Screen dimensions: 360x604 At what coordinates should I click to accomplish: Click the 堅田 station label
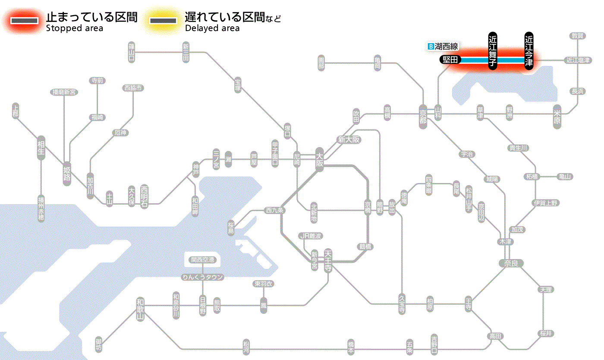click(450, 60)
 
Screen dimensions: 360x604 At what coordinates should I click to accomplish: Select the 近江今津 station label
click(529, 50)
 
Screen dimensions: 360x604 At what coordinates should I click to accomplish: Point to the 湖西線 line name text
click(446, 46)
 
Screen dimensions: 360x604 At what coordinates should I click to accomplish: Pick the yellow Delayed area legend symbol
click(163, 21)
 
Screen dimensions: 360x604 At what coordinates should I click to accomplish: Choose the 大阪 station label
click(319, 160)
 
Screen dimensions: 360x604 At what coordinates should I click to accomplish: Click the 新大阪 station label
click(349, 139)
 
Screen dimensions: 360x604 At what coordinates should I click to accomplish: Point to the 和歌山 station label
click(140, 309)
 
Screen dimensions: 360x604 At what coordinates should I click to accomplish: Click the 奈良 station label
click(510, 263)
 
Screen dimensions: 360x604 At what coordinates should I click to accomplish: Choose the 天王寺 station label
click(328, 260)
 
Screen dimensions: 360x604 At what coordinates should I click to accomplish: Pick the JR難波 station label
click(311, 236)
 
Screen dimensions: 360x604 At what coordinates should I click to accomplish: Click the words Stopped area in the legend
click(75, 28)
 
